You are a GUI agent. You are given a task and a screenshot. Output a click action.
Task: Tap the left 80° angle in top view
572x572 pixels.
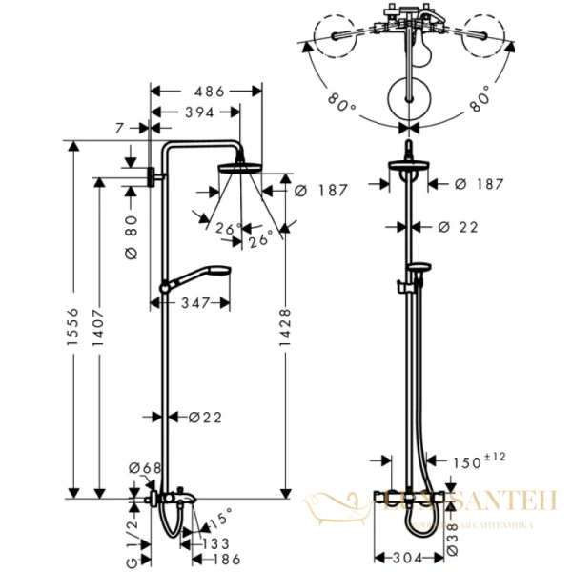click(x=342, y=101)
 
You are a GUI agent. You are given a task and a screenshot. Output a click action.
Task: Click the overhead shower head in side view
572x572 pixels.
click(x=239, y=168)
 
